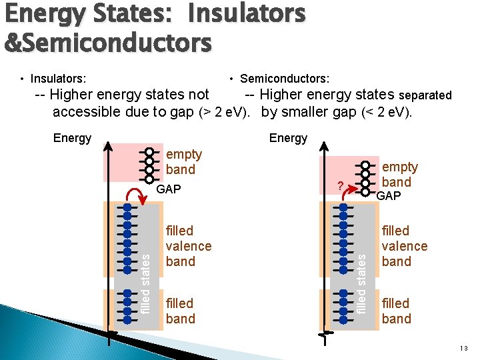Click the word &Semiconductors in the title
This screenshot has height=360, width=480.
pos(108,43)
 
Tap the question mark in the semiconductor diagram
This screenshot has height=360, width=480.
pos(339,186)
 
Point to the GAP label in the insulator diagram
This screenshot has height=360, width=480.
pos(169,189)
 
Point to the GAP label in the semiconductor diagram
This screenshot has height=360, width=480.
pos(389,195)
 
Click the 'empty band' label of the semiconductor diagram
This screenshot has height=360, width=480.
pos(399,174)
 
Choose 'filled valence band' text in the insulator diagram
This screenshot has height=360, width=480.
pos(189,246)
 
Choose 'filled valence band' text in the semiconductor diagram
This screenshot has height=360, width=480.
pos(405,246)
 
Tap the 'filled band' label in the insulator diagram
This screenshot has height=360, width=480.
pos(181,311)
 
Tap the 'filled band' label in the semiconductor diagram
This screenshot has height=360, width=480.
pos(397,311)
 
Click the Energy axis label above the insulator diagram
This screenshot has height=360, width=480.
pos(72,138)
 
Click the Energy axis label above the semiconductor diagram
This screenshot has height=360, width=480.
pos(288,138)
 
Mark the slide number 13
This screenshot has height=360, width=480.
pos(464,349)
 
